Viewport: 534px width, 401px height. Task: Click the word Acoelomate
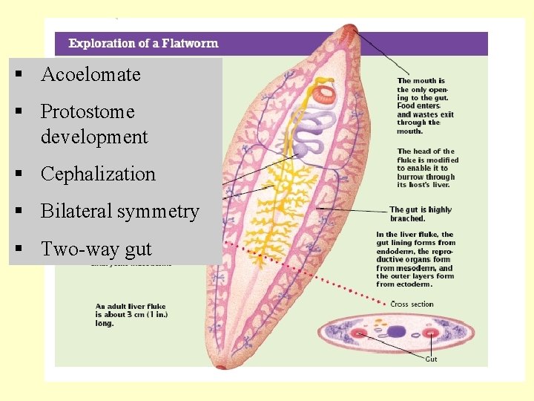90,74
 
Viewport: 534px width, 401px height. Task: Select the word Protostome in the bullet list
88,111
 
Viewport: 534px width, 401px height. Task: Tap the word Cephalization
98,174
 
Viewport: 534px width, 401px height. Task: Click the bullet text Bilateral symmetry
120,212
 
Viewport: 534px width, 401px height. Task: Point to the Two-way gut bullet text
96,249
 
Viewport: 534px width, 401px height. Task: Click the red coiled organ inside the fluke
325,94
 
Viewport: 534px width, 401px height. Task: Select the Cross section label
412,304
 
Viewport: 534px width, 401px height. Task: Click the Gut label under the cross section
431,359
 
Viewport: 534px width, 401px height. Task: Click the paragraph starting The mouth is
423,105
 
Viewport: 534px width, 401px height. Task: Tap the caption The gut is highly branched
420,214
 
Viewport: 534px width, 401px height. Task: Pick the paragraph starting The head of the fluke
427,169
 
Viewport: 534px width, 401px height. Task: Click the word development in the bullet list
94,137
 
